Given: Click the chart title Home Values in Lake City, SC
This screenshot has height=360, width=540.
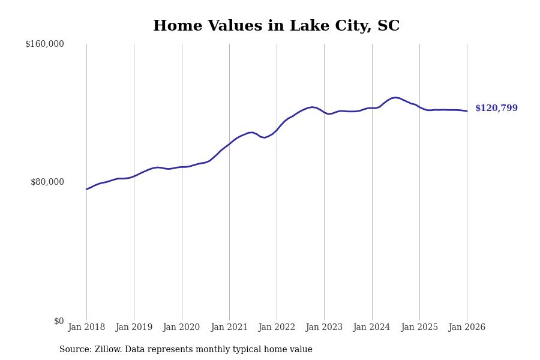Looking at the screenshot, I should [x=276, y=26].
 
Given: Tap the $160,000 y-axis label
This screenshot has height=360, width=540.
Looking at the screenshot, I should [x=44, y=44].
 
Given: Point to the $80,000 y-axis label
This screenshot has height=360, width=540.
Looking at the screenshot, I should [x=47, y=182].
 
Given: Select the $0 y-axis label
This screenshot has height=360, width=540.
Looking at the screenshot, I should [x=59, y=321].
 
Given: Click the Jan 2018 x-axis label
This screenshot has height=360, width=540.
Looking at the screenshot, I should [x=86, y=327].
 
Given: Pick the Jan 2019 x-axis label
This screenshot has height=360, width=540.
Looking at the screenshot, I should [x=134, y=327].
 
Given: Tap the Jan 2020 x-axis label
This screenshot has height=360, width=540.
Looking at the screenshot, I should [x=181, y=327].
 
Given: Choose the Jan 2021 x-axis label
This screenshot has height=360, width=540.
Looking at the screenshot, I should [x=229, y=327].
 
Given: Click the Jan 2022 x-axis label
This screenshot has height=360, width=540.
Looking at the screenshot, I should [x=277, y=327].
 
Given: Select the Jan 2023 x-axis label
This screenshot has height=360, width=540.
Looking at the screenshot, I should [x=324, y=327].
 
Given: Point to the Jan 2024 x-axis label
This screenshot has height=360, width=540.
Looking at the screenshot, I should [x=371, y=327].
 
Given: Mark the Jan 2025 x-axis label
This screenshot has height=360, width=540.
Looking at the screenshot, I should [x=419, y=327].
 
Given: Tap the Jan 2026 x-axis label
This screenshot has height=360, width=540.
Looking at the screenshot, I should [x=467, y=327].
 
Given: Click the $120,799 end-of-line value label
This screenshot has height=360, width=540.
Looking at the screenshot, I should [x=496, y=109].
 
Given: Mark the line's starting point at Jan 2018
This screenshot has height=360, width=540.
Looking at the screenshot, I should [x=86, y=189].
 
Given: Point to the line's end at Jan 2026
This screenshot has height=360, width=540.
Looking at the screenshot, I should [x=467, y=111].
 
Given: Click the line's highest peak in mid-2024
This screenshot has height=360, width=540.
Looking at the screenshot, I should [x=395, y=97].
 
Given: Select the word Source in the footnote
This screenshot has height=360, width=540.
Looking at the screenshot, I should [x=74, y=350].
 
